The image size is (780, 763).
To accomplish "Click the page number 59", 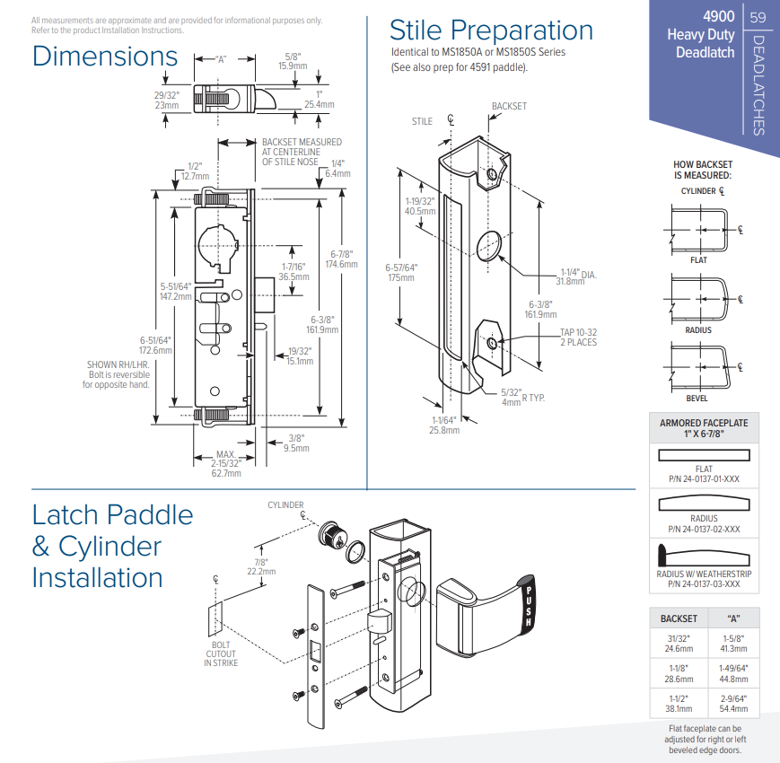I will pyautogui.click(x=758, y=18).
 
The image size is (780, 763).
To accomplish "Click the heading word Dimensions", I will pyautogui.click(x=105, y=56).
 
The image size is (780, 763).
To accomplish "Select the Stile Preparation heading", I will pyautogui.click(x=491, y=31).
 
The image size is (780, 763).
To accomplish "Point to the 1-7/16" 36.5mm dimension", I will pyautogui.click(x=295, y=272).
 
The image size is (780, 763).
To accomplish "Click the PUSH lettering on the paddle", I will pyautogui.click(x=530, y=604).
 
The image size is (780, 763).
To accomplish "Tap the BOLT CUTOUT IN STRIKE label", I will pyautogui.click(x=220, y=654).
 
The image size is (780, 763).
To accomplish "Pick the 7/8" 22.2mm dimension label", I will pyautogui.click(x=261, y=566).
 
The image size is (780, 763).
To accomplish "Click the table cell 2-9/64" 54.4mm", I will pyautogui.click(x=733, y=702).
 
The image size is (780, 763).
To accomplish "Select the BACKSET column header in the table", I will pyautogui.click(x=679, y=619).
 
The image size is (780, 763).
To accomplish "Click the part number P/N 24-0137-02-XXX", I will pyautogui.click(x=704, y=530).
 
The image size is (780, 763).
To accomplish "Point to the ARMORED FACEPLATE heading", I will pyautogui.click(x=704, y=428).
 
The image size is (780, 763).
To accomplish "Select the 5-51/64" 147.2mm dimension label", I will pyautogui.click(x=177, y=291).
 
